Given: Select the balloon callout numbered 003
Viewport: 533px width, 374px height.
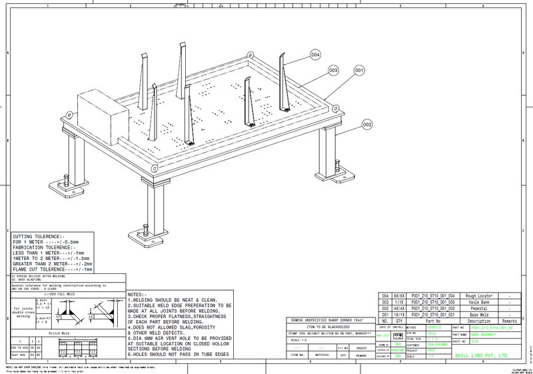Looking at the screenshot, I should tap(334, 69).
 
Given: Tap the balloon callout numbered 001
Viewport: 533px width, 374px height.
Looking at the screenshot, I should tap(358, 69).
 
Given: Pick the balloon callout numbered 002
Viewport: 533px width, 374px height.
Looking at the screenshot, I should tap(366, 124).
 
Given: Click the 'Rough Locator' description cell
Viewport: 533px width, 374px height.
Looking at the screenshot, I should tap(478, 295).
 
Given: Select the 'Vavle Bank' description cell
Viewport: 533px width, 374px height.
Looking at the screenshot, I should tap(478, 301).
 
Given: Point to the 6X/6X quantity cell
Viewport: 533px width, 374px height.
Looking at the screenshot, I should tap(400, 295).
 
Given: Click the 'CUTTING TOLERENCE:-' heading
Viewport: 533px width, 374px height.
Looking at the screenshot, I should tap(39, 236).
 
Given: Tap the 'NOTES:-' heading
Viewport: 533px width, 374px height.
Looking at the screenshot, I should tap(137, 294).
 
